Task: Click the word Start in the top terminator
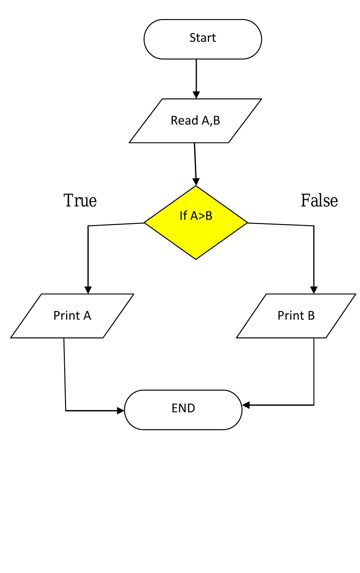(202, 38)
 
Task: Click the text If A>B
(196, 216)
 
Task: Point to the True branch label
(80, 200)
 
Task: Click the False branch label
(319, 200)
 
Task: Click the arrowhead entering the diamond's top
(196, 182)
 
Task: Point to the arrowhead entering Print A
(88, 290)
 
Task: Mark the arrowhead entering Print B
(314, 290)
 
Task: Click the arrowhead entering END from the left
(121, 411)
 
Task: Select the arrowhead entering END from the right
(246, 405)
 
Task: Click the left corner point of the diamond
(144, 223)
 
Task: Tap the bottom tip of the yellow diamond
(196, 259)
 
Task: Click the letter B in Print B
(311, 315)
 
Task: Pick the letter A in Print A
(87, 315)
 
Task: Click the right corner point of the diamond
(247, 223)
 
